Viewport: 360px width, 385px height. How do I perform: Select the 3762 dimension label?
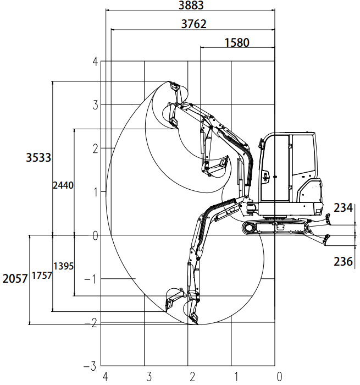point(193,24)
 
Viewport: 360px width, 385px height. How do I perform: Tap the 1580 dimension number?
point(237,42)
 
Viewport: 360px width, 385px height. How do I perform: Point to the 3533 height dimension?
point(38,157)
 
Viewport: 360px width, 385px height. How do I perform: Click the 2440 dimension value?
point(63,185)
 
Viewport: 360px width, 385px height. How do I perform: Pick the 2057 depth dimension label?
point(15,279)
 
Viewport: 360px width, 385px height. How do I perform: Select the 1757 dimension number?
point(42,276)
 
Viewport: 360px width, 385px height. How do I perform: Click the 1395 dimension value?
point(63,266)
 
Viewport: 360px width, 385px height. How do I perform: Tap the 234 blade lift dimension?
point(343,208)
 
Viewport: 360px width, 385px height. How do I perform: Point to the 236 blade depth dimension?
point(343,261)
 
